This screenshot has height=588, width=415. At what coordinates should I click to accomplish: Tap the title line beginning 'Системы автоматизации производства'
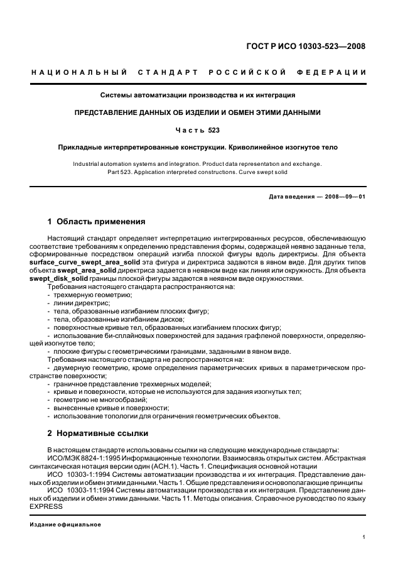[x=198, y=95]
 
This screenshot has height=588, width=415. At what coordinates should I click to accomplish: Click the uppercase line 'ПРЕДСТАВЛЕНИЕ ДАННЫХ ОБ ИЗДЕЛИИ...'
[x=198, y=113]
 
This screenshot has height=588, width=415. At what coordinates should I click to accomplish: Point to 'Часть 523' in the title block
[x=198, y=130]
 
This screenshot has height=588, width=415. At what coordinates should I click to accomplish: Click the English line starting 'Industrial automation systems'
[x=198, y=164]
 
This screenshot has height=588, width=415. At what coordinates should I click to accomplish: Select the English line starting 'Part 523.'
[x=198, y=171]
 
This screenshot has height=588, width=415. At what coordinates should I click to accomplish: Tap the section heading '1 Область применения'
[x=97, y=222]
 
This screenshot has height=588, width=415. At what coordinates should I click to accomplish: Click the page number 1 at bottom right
[x=364, y=538]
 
